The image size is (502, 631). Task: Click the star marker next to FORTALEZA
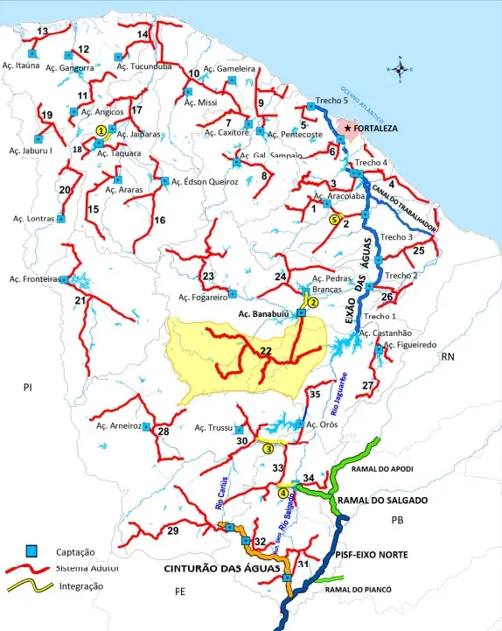[x=347, y=129]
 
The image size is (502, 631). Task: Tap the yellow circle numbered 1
[x=101, y=130]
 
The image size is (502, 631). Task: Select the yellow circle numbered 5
[x=333, y=221]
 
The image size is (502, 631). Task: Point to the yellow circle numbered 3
[x=268, y=448]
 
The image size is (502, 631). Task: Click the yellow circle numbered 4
[x=282, y=493]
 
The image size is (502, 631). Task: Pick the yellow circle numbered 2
[x=312, y=302]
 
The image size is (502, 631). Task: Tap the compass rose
[x=400, y=68]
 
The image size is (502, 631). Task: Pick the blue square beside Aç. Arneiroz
[x=148, y=426]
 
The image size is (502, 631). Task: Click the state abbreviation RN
[x=448, y=357]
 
